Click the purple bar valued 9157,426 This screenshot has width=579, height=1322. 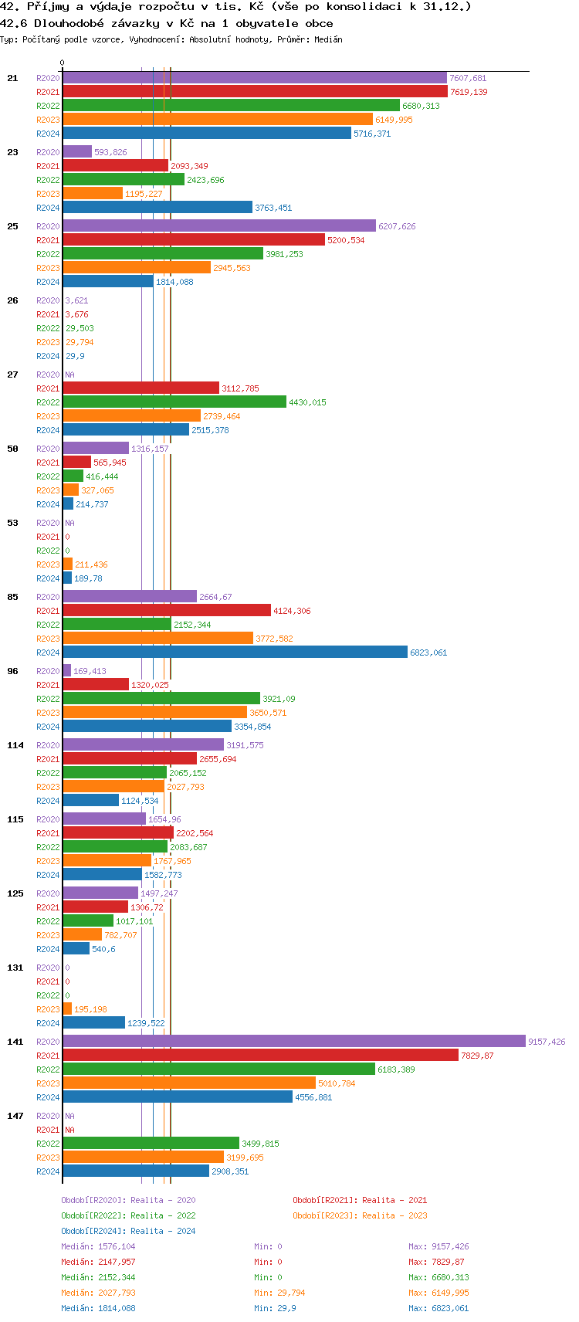click(x=293, y=1042)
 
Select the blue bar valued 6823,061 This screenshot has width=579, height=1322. click(x=235, y=653)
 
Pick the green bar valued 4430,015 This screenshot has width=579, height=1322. click(x=174, y=402)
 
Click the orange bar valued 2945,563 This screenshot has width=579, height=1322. click(x=137, y=268)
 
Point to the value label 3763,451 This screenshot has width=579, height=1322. click(x=273, y=208)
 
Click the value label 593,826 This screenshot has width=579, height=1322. click(x=110, y=152)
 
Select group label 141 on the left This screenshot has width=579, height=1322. click(x=15, y=1042)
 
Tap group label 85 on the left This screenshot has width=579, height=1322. click(x=13, y=597)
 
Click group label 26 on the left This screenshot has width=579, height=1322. click(x=13, y=300)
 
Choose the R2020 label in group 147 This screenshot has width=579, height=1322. click(x=48, y=1116)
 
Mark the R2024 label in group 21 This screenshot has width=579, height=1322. click(x=48, y=134)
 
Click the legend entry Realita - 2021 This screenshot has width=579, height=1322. click(x=360, y=1200)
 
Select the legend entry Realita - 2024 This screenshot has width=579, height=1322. click(x=128, y=1231)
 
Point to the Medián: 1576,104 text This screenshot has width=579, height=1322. click(x=98, y=1246)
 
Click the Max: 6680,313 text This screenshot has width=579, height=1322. click(x=438, y=1277)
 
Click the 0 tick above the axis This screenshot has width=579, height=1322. click(x=63, y=63)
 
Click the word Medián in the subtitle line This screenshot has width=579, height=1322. click(x=328, y=39)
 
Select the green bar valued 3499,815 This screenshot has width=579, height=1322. click(x=151, y=1144)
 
